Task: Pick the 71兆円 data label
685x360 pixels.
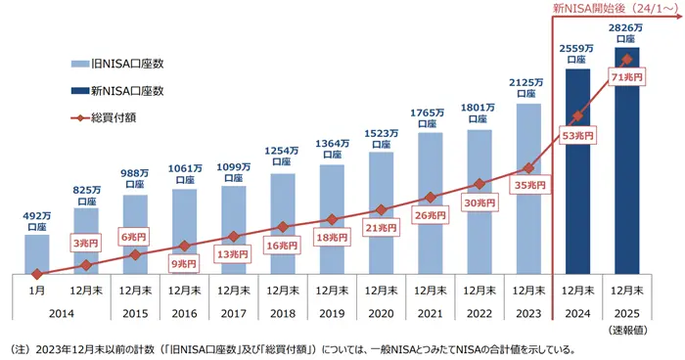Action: [626, 76]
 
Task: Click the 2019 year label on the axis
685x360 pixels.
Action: [332, 312]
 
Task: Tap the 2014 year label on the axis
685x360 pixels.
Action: [62, 312]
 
